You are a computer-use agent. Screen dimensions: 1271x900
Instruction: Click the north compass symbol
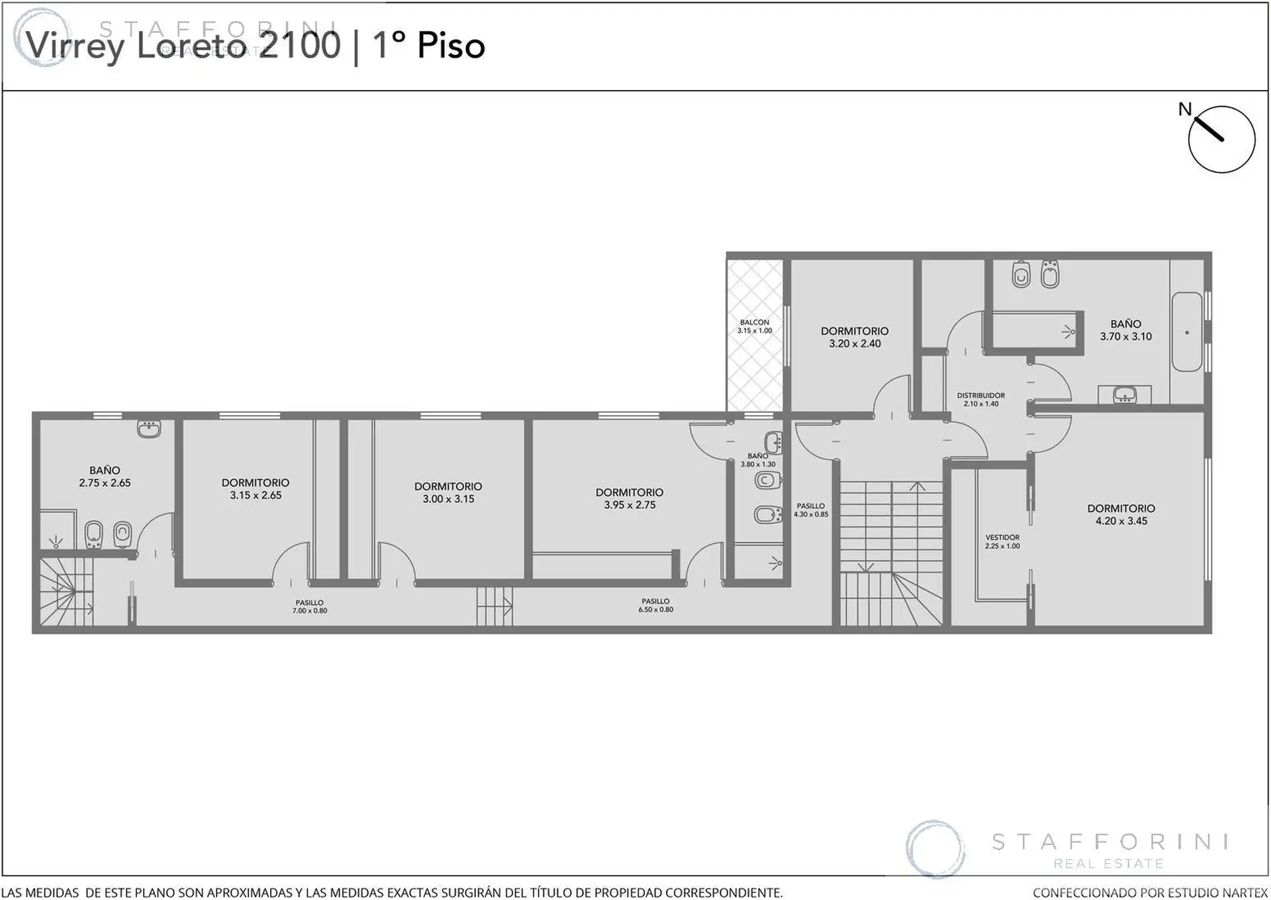1221,139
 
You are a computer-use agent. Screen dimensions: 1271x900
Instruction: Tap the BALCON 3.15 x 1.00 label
755,326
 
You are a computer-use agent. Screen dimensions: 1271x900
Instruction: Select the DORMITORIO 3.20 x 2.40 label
855,337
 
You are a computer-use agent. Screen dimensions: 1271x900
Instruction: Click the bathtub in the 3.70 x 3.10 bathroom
1187,332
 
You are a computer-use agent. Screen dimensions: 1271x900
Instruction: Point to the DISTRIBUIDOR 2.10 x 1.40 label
981,399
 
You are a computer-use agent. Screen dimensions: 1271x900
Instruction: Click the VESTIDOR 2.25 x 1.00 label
1002,541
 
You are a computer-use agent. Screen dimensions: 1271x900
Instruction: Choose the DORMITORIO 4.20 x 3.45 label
1121,514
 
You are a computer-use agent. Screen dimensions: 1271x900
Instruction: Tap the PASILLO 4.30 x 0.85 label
811,510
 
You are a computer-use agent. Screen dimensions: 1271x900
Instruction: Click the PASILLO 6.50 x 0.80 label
655,605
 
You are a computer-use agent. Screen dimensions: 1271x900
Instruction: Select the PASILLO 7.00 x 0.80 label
310,606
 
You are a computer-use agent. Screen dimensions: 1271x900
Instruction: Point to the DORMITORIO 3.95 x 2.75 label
629,498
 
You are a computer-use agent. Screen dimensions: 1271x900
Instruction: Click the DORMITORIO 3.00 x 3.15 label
448,492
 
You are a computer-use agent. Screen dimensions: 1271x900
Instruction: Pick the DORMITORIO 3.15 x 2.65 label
256,488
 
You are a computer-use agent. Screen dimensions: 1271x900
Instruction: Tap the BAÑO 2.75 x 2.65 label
105,476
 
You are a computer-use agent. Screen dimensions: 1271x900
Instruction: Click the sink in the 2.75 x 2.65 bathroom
149,429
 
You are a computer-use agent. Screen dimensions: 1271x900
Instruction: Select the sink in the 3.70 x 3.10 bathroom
1125,395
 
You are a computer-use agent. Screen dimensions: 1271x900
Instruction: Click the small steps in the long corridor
494,606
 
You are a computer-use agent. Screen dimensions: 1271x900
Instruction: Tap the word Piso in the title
451,45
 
